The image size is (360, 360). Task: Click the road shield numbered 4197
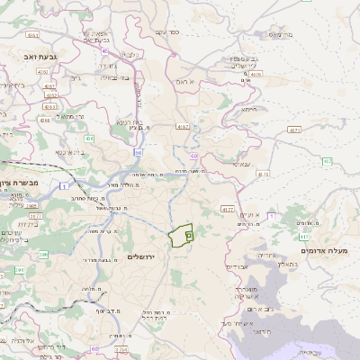184,128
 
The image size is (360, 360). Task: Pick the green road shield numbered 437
328,162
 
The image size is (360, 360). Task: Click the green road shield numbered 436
90,139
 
